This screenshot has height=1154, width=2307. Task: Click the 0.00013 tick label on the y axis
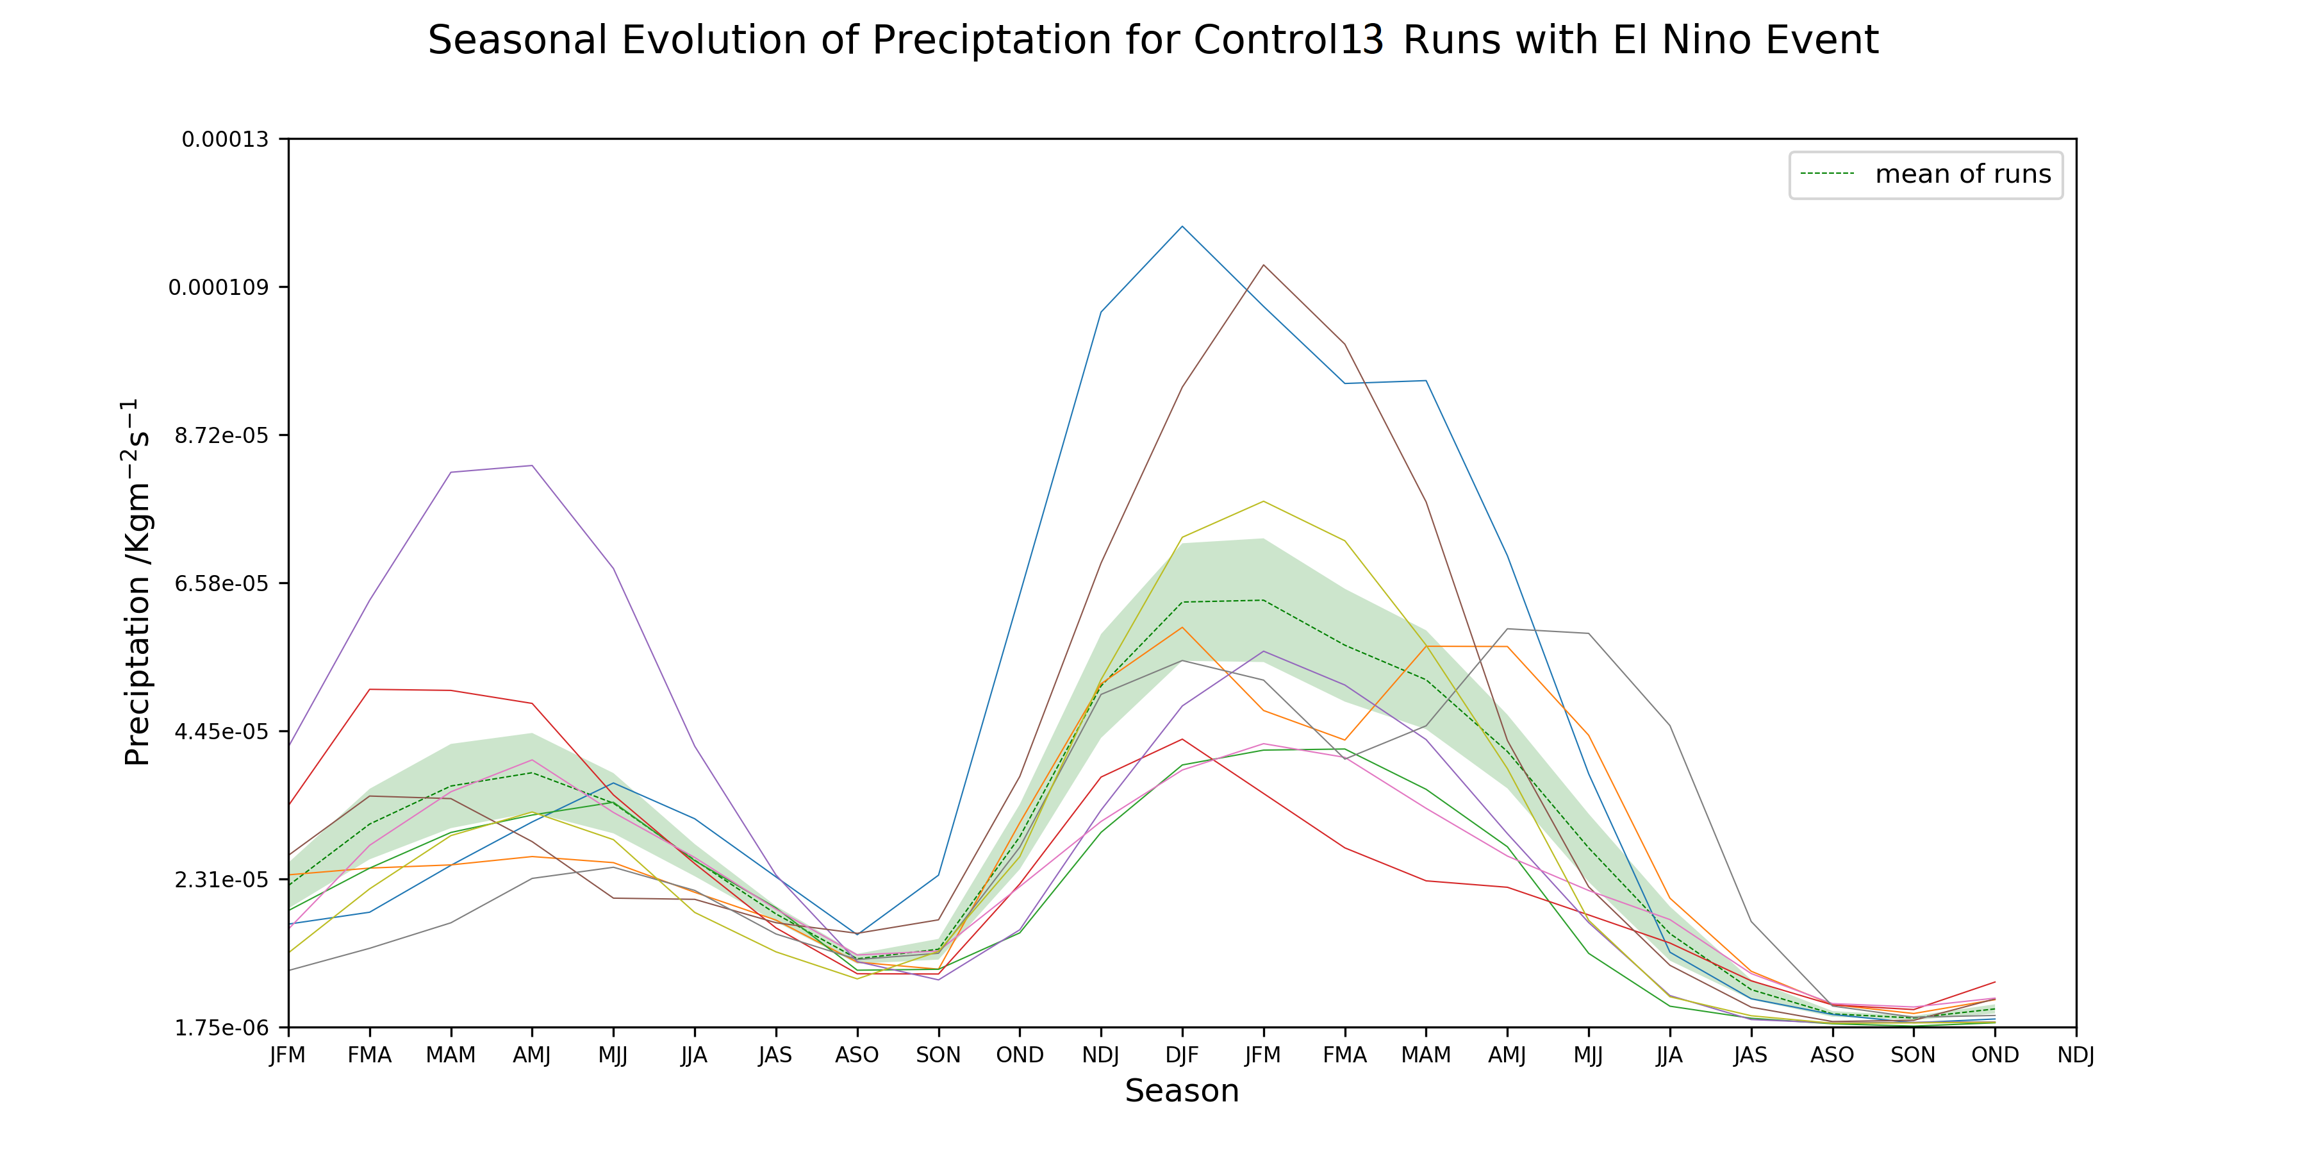point(225,140)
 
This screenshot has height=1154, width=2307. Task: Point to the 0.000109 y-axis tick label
point(218,288)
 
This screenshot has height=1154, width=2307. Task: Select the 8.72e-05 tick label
point(221,435)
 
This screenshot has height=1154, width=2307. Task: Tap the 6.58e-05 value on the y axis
point(221,583)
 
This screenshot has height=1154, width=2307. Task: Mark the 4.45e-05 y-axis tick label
point(221,731)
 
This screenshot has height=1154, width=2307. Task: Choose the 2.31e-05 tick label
point(221,880)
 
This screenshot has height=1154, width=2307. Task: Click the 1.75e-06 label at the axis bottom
point(221,1028)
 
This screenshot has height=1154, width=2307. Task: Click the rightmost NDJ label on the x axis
point(2075,1055)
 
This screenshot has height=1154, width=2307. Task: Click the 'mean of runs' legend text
point(1962,175)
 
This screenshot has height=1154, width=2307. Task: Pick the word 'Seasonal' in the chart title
point(517,40)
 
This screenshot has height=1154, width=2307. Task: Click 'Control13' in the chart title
point(1289,40)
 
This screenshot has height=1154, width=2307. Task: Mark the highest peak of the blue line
point(1182,227)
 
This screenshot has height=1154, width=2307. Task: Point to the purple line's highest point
point(532,466)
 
